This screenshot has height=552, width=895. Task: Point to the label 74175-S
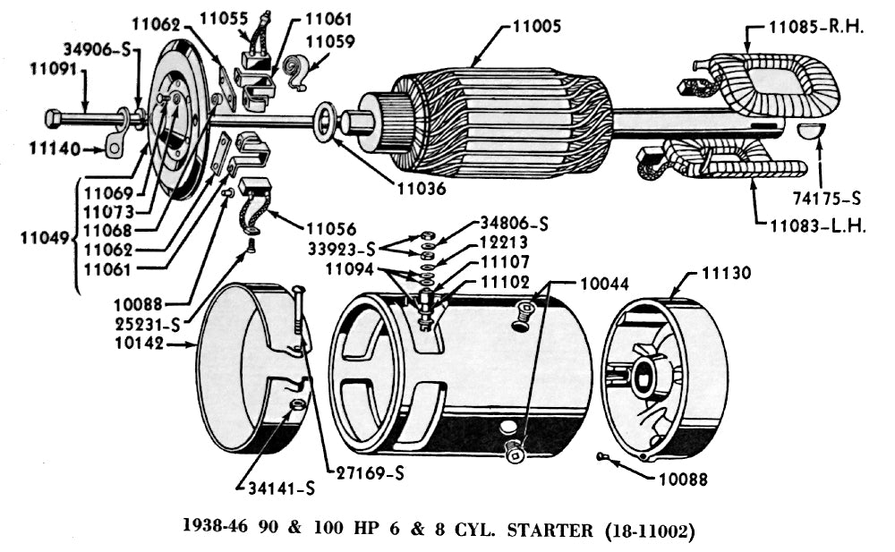tap(825, 198)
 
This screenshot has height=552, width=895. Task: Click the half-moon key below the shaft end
tap(812, 132)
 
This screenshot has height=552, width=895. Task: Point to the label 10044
tap(603, 284)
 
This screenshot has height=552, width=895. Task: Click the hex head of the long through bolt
tap(53, 117)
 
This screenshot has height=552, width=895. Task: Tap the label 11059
tap(329, 41)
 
